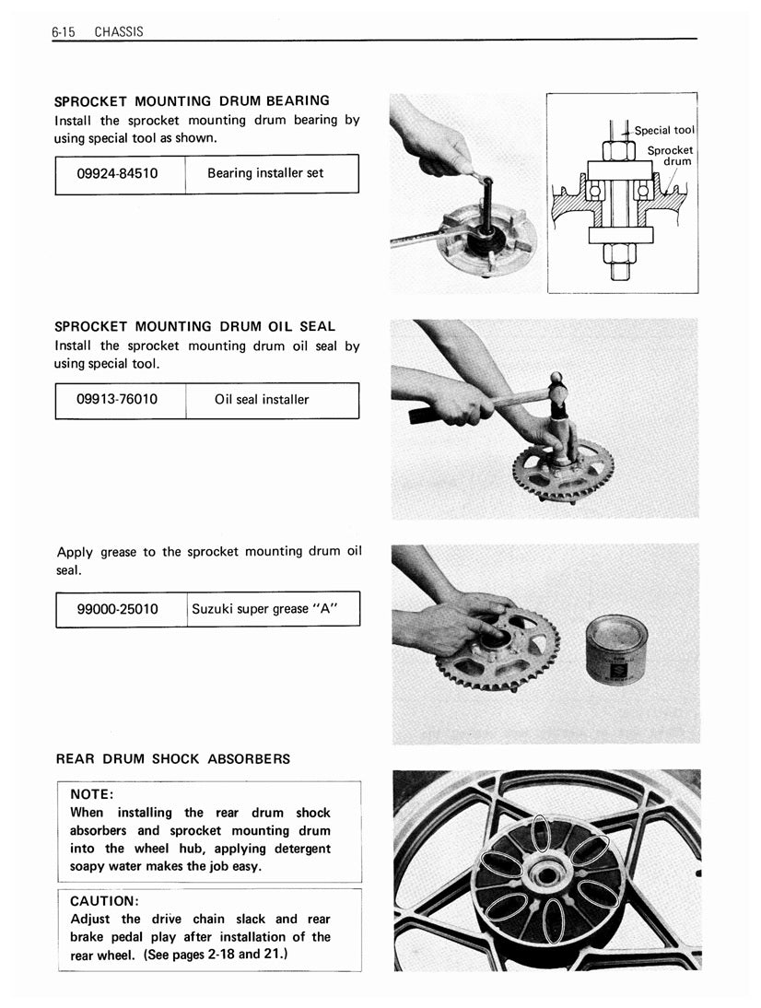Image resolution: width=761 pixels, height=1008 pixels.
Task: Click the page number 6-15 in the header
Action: pyautogui.click(x=63, y=32)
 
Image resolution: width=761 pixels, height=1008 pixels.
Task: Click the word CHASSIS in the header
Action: pyautogui.click(x=119, y=32)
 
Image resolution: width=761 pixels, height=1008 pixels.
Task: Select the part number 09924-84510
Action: pyautogui.click(x=120, y=173)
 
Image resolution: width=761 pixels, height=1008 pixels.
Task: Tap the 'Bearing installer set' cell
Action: pyautogui.click(x=265, y=173)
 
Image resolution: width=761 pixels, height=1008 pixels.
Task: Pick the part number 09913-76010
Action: pyautogui.click(x=120, y=400)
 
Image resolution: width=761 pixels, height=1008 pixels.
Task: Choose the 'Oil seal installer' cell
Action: pyautogui.click(x=262, y=400)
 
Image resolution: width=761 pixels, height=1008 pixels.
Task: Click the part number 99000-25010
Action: pyautogui.click(x=120, y=609)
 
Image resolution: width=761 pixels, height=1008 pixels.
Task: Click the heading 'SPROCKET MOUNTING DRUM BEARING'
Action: pyautogui.click(x=192, y=100)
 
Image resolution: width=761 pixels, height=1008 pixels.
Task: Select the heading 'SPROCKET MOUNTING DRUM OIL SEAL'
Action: pyautogui.click(x=195, y=326)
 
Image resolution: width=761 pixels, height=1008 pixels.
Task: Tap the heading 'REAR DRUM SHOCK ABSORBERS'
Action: pyautogui.click(x=173, y=759)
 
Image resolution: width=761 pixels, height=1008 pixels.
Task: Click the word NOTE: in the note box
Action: pyautogui.click(x=92, y=794)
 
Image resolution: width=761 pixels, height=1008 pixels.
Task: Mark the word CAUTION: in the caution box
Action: pyautogui.click(x=104, y=900)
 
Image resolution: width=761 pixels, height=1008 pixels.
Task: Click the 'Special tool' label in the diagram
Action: pyautogui.click(x=664, y=131)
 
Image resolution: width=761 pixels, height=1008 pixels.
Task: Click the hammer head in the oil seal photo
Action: pyautogui.click(x=557, y=391)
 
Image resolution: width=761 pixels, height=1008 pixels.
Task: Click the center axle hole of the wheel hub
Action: pyautogui.click(x=548, y=871)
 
